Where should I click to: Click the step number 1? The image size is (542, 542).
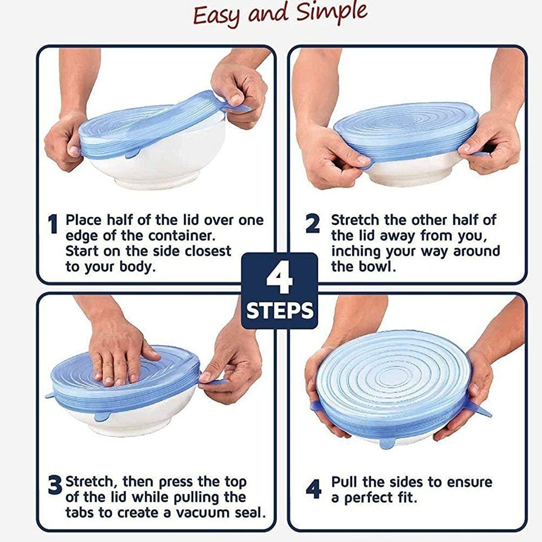tap(53, 224)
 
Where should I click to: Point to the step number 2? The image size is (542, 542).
tap(313, 224)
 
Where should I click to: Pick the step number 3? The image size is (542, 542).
tap(55, 486)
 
